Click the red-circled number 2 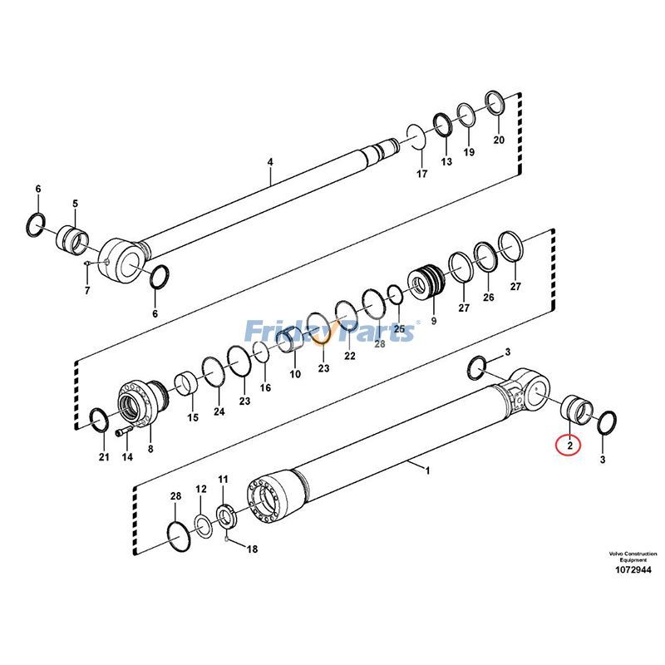coord(570,446)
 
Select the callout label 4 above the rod coord(270,163)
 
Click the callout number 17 coord(421,174)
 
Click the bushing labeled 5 coord(72,240)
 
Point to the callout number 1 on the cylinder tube coord(427,470)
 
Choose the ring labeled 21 coord(98,421)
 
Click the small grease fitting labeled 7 coord(87,265)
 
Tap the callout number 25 coord(400,330)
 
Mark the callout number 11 coord(223,480)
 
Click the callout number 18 coord(253,549)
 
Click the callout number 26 coord(488,298)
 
